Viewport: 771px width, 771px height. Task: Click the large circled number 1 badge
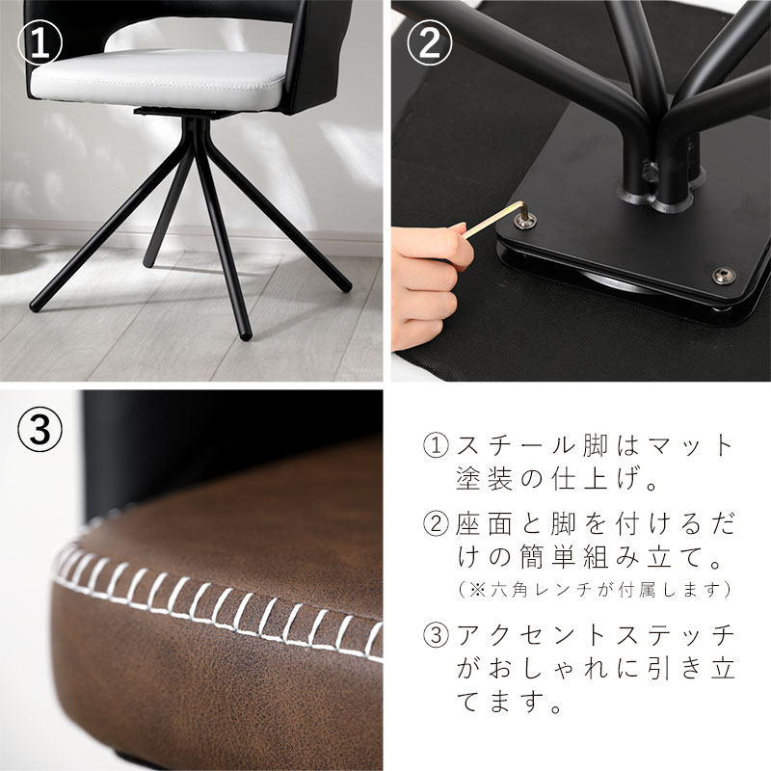click(x=40, y=42)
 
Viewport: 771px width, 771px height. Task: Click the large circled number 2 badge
click(x=429, y=42)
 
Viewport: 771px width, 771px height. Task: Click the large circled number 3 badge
click(x=40, y=428)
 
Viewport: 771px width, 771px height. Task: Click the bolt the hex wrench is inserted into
click(x=525, y=220)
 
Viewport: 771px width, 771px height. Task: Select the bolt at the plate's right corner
click(x=725, y=275)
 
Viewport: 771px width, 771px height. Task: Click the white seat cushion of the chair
click(x=158, y=79)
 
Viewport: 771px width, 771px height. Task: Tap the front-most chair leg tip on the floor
click(x=246, y=335)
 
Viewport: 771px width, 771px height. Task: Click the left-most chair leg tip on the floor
click(x=36, y=306)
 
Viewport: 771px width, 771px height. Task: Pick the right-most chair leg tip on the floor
click(x=346, y=285)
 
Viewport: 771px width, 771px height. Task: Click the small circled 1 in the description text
click(x=436, y=445)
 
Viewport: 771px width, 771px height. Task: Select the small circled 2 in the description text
click(x=436, y=524)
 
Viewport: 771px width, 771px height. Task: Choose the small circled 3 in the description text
click(x=436, y=635)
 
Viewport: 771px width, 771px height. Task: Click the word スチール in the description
click(x=515, y=445)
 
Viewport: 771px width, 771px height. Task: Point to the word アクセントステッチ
click(x=595, y=635)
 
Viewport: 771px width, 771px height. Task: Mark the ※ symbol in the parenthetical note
click(x=476, y=589)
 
